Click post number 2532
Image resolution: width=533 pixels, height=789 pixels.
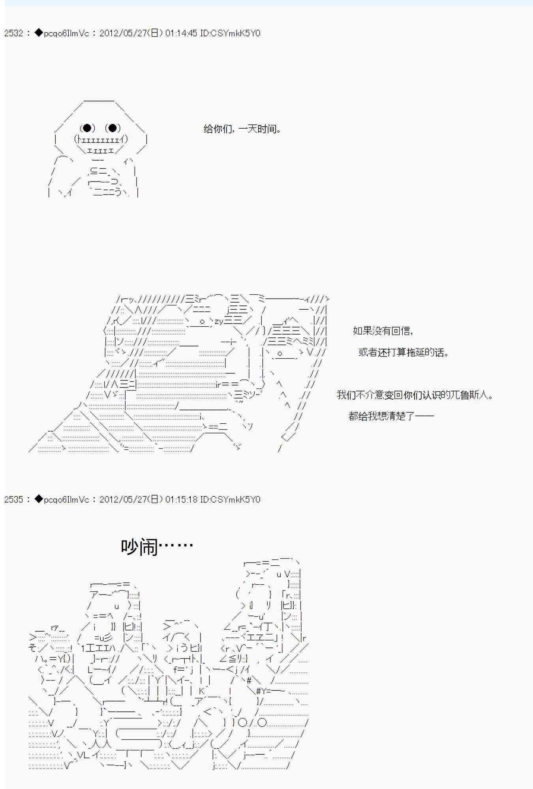coord(13,33)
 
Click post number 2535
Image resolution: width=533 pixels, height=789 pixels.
coord(13,499)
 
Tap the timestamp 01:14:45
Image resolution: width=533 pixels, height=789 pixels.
coord(181,33)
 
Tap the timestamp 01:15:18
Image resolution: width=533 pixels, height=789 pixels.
coord(181,499)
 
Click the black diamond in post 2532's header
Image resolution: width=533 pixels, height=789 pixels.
coord(38,33)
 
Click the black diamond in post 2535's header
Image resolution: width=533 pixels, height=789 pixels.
coord(38,499)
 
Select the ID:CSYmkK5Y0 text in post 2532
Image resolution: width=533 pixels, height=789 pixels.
coord(230,33)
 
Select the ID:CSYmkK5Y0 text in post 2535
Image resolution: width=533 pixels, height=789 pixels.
coord(230,499)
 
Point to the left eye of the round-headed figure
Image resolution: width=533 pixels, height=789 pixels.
coord(87,128)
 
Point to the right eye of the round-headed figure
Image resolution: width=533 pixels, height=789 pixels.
coord(113,128)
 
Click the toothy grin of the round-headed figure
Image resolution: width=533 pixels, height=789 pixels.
coord(101,140)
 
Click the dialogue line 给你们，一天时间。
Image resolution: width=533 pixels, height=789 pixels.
coord(242,129)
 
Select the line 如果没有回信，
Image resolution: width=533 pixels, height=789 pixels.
coord(383,331)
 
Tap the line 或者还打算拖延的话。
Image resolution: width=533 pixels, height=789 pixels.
coord(404,352)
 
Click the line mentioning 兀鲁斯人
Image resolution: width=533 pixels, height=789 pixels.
coord(415,395)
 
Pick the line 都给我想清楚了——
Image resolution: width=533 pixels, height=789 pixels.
coord(391,416)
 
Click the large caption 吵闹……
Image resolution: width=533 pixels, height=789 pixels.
coord(157,547)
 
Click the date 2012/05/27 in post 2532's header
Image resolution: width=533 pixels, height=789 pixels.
coord(123,33)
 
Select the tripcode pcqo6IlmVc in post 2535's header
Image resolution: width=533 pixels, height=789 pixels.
coord(66,499)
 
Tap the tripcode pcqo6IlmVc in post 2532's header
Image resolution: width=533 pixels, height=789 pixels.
coord(66,33)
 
